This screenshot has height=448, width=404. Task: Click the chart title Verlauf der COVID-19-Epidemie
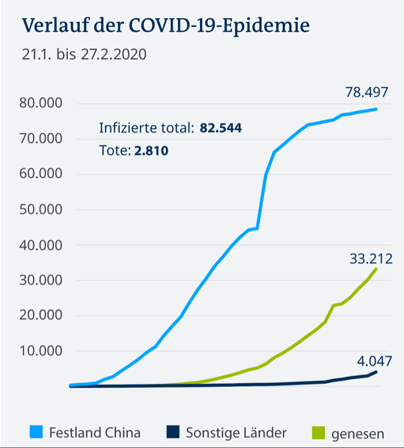[x=165, y=26]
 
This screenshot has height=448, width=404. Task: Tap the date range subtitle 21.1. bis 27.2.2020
[x=84, y=55]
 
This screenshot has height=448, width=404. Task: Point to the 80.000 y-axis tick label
[x=42, y=104]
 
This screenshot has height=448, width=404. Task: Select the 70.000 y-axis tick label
[x=42, y=139]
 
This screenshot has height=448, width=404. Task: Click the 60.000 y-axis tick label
[x=42, y=174]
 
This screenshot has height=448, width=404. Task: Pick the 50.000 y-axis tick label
[x=42, y=210]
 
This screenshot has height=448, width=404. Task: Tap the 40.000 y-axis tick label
[x=42, y=245]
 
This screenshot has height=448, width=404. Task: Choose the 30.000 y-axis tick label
[x=42, y=280]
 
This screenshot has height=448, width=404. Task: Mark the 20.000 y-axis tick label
[x=42, y=315]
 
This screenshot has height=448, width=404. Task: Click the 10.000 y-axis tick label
[x=42, y=351]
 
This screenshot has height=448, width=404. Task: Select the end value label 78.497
[x=367, y=92]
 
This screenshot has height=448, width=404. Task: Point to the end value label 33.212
[x=371, y=259]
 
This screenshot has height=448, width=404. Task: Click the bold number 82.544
[x=221, y=128]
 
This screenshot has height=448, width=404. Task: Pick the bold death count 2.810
[x=151, y=151]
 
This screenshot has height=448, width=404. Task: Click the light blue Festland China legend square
[x=36, y=433]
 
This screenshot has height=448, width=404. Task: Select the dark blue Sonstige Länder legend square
[x=172, y=433]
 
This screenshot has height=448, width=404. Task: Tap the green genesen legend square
[x=317, y=433]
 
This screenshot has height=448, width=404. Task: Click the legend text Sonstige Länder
[x=236, y=433]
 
